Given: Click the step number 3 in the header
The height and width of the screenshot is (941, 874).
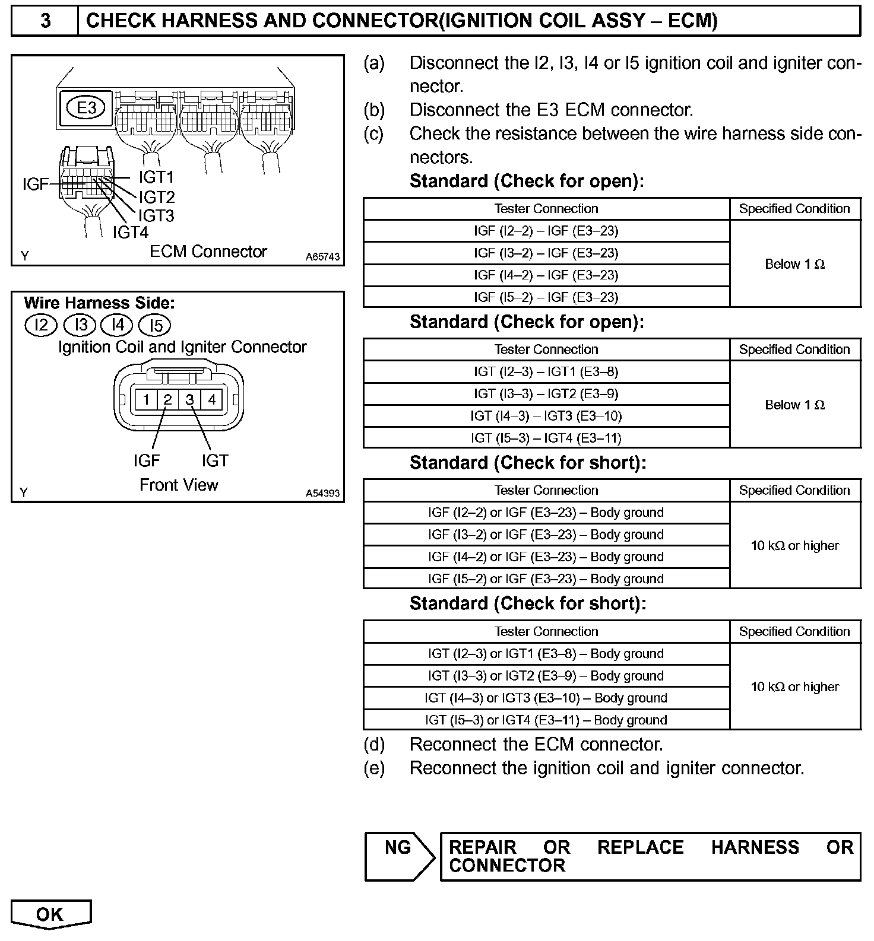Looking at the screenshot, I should coord(45,21).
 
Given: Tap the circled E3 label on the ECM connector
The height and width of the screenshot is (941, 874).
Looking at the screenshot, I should coord(87,108).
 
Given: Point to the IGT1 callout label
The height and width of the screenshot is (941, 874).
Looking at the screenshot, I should coord(156,177).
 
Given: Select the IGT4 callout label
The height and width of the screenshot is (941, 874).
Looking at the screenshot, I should coord(131,232).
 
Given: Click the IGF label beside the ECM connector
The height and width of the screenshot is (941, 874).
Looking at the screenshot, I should coord(35,185).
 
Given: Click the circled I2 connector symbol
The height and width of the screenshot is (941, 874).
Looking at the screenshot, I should coord(42,325).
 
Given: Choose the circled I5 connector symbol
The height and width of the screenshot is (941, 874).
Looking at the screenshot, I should coord(154,325).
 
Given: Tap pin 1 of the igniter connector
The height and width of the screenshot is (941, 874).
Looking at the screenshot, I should coord(145,399).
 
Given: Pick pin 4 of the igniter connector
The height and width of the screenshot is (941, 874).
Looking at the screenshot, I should coord(211,399).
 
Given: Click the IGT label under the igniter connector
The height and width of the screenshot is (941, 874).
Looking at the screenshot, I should coord(214,460).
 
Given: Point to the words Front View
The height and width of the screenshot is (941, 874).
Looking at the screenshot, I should coord(179,485).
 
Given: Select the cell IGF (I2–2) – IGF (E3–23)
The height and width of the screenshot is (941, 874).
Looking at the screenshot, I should coord(546,231).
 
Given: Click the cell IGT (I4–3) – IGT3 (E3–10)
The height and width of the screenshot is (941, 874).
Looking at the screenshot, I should coord(546,416).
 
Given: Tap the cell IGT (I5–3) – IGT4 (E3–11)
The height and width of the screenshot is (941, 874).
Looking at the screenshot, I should coord(546,438).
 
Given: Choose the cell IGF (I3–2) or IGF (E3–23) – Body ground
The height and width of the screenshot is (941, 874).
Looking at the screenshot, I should coord(546,535).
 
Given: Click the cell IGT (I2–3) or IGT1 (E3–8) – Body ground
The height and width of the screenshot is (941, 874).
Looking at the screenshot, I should coord(546,653).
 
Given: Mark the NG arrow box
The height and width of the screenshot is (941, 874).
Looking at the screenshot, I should coord(399,856).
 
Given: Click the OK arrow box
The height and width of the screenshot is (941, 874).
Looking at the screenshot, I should coord(50,914).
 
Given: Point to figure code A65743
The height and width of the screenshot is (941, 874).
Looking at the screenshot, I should coord(323,257).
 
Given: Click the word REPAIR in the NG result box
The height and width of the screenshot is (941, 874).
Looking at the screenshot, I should coord(482,847).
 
